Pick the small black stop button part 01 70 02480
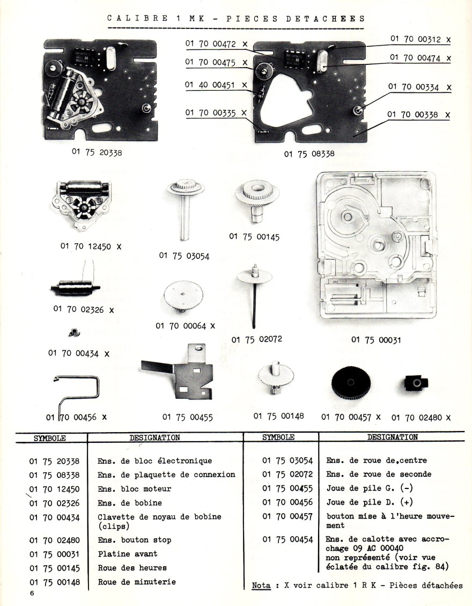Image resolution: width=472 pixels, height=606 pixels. pos(415,383)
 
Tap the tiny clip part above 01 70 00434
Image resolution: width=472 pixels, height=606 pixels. pos(74,333)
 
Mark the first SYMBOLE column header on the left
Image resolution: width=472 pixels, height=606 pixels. pos(50,437)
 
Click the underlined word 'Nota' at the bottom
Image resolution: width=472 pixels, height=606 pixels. pos(261,585)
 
